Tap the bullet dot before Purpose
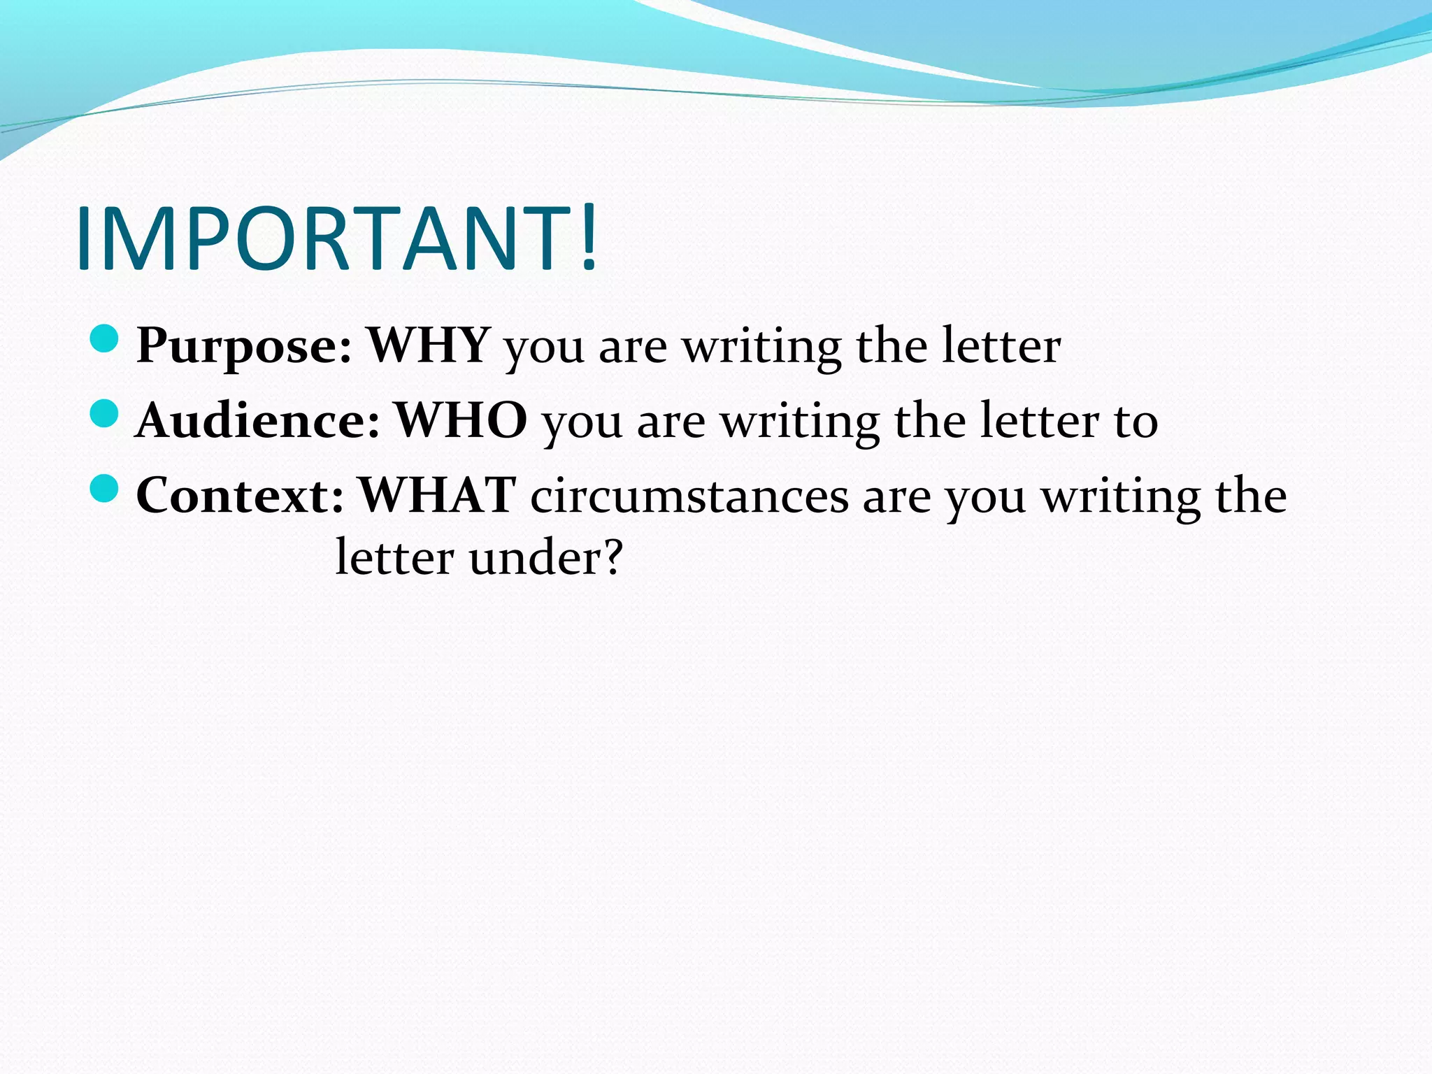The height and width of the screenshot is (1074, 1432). (x=104, y=340)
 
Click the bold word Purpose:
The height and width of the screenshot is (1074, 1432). (x=244, y=346)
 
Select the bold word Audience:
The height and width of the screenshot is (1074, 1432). (x=258, y=421)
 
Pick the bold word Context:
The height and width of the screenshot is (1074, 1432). (x=240, y=496)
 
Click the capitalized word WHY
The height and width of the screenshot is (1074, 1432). (x=428, y=345)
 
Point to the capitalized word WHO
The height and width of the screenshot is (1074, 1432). (x=461, y=420)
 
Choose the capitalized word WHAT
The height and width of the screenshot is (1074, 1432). (x=437, y=495)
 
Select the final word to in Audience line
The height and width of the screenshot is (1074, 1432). (x=1136, y=421)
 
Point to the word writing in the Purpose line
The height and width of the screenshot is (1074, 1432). (x=761, y=348)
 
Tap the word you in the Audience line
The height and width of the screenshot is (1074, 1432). (x=582, y=424)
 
